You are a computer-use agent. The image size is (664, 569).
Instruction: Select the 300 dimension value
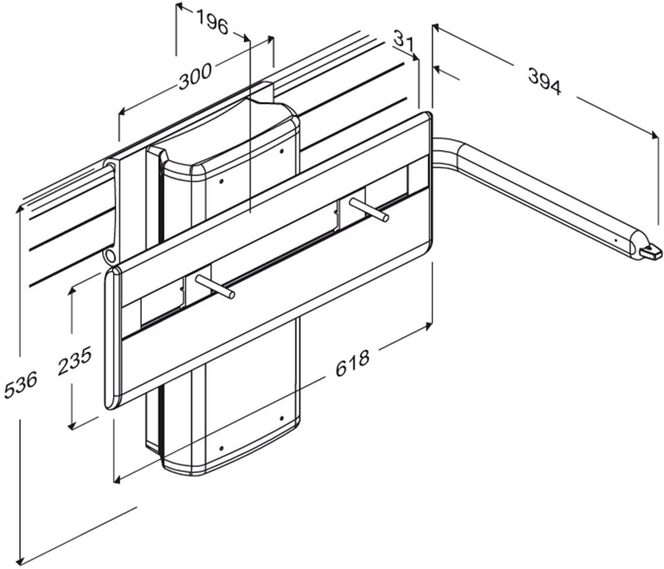tap(194, 76)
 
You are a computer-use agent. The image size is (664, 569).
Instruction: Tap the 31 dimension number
tap(403, 39)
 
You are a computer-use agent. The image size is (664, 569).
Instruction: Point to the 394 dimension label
tap(544, 81)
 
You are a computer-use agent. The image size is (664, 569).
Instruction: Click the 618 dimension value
tap(352, 363)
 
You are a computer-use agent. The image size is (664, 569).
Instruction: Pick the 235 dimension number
tap(75, 361)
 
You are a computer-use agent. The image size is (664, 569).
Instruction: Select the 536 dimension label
tap(21, 385)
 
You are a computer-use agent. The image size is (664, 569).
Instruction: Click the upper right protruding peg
tap(368, 209)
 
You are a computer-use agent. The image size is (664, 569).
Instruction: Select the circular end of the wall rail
tap(109, 255)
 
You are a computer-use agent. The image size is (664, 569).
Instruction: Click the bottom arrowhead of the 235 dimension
tap(72, 426)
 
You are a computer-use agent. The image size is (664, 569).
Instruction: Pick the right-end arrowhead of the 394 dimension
tap(655, 135)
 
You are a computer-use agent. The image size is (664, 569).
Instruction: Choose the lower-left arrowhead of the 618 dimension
tap(118, 479)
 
